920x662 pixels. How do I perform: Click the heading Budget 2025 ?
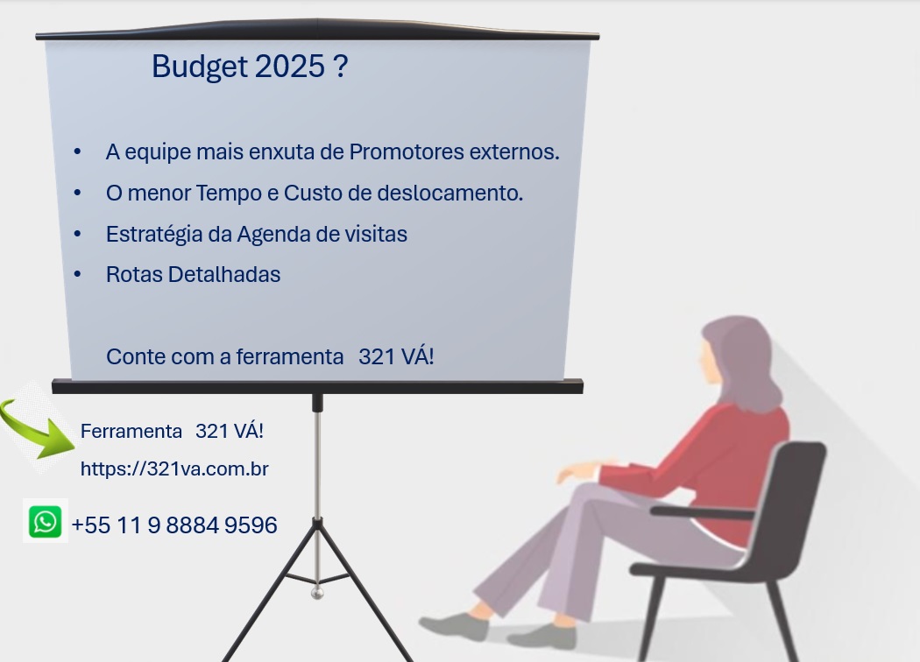[250, 67]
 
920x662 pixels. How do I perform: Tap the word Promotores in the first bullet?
[407, 151]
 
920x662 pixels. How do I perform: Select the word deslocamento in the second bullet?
[449, 193]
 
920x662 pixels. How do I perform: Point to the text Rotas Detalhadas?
[193, 274]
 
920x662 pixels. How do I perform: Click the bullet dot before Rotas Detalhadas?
[77, 274]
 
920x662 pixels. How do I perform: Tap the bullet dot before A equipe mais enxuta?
[77, 151]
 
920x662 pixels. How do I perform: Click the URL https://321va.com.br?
[174, 469]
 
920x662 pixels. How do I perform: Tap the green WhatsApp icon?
[46, 521]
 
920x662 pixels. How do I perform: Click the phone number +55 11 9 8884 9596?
[174, 525]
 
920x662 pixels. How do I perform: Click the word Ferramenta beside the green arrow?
[131, 432]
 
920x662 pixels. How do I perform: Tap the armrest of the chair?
[702, 513]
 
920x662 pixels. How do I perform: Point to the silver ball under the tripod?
[317, 593]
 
